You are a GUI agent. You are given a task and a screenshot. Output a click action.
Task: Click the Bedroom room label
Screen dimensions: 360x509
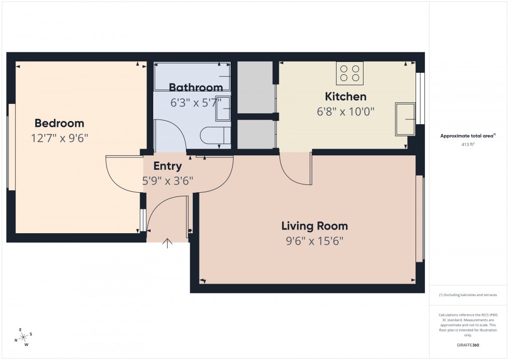tap(59, 123)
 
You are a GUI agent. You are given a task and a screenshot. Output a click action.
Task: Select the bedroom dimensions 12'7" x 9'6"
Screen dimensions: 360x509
tap(59, 138)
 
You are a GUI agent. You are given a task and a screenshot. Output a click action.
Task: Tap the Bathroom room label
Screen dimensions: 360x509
tap(196, 87)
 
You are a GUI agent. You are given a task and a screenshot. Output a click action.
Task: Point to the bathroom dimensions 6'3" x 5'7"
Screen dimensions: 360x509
tap(196, 102)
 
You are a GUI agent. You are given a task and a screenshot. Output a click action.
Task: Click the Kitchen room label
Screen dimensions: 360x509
tap(345, 96)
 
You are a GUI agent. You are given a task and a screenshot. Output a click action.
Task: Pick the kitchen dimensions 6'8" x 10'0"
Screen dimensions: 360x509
tap(345, 111)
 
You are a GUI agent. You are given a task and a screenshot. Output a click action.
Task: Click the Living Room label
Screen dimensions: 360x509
tap(314, 226)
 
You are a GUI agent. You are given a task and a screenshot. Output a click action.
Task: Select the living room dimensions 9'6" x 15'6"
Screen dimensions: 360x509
tap(314, 241)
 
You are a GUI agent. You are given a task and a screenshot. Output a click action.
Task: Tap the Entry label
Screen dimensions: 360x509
tap(168, 166)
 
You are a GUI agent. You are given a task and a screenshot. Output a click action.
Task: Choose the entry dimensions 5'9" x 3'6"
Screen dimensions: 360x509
tap(168, 181)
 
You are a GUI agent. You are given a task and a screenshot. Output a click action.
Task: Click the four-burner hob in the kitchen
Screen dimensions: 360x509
tap(350, 73)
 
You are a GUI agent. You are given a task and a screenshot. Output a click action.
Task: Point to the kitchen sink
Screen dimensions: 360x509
tap(406, 119)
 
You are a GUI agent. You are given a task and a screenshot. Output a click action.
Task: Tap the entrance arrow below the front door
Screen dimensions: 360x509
tap(168, 243)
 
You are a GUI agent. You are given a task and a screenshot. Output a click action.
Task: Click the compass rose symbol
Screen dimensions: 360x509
tap(23, 337)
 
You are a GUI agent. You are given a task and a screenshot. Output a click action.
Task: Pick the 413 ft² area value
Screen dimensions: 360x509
tap(468, 144)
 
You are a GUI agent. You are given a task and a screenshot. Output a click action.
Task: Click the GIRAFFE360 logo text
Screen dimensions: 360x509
tap(468, 345)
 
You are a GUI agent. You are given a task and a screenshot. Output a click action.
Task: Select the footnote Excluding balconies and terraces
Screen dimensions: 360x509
tap(468, 295)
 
